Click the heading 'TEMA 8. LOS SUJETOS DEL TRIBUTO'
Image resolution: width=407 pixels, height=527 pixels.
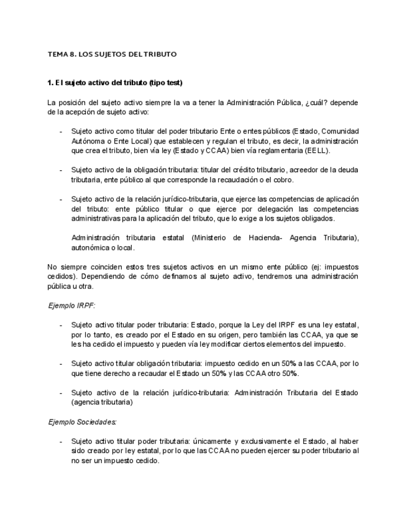coord(112,54)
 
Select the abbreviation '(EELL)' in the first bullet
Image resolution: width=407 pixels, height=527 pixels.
coord(316,150)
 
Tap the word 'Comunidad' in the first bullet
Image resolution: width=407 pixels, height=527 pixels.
coord(339,131)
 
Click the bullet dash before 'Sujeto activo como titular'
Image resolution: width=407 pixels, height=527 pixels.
coord(60,131)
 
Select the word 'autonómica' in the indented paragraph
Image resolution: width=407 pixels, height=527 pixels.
coord(93,247)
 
